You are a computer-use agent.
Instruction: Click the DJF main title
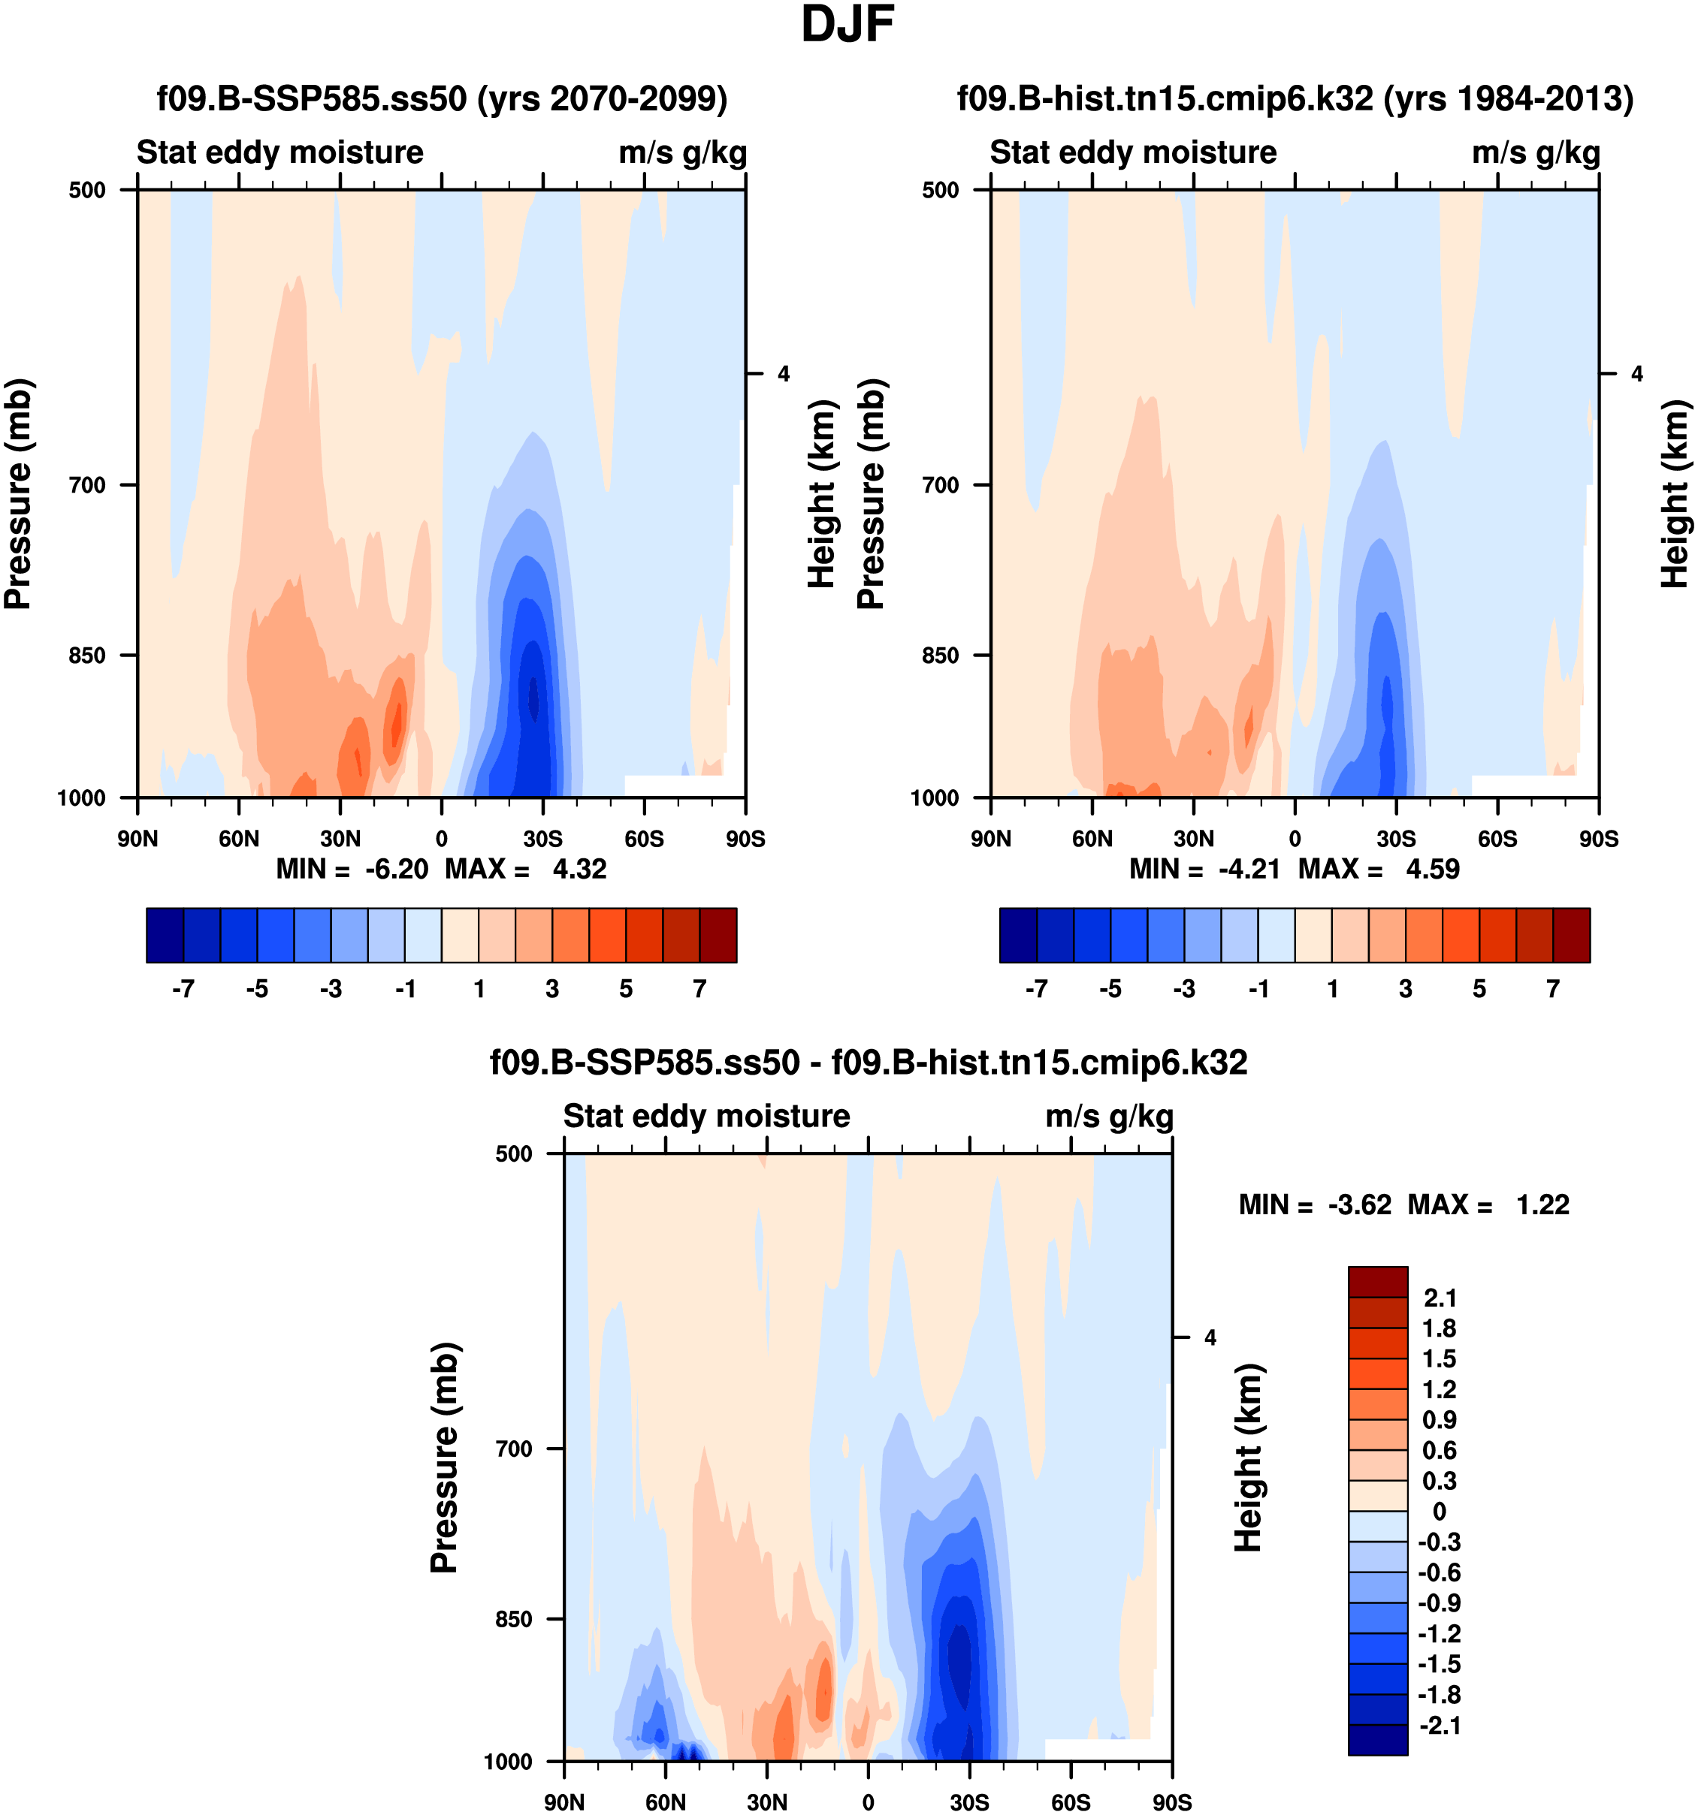coord(847,26)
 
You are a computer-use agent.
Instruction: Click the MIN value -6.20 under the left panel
coord(397,869)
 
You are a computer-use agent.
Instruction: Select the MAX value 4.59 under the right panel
coord(1432,869)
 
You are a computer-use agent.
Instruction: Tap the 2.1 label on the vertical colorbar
coord(1440,1298)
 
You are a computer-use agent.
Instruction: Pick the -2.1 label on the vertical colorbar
coord(1439,1725)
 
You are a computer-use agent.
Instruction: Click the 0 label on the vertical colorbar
coord(1440,1511)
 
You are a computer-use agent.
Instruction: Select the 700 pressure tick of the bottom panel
coord(513,1449)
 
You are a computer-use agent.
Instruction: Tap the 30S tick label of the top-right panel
coord(1396,839)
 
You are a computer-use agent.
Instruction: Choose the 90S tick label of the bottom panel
coord(1172,1802)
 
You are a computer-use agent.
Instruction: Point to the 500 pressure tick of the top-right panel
coord(940,190)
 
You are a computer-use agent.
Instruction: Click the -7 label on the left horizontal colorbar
coord(183,990)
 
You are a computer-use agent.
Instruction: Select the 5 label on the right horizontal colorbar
coord(1479,990)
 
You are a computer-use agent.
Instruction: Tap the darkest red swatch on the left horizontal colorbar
coord(718,935)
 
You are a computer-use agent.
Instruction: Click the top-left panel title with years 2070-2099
coord(442,98)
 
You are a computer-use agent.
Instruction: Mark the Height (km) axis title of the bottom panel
coord(1248,1458)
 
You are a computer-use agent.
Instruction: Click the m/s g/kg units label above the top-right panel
coord(1536,152)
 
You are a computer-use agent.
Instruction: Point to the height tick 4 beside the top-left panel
coord(784,374)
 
